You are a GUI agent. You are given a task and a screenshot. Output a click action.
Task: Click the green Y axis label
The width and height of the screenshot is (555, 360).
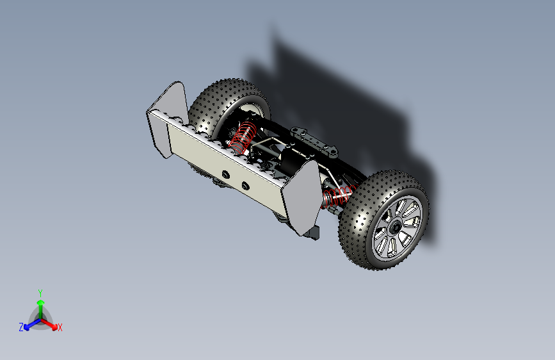tap(40, 293)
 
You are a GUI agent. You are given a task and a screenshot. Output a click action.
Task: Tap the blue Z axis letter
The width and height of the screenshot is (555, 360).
tap(21, 327)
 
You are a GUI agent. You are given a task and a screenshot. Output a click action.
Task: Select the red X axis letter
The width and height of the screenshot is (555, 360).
tap(60, 327)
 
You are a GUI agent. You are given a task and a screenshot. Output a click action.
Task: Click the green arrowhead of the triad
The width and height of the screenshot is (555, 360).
tap(41, 302)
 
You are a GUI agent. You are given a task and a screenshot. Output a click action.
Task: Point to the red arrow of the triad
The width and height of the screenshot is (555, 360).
tap(49, 324)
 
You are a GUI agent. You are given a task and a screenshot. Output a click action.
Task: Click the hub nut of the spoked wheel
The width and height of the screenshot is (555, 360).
tap(395, 226)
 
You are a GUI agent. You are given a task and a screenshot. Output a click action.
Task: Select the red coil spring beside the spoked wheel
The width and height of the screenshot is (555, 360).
tap(338, 196)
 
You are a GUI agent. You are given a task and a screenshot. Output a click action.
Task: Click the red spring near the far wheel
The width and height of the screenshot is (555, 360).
tap(242, 138)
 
